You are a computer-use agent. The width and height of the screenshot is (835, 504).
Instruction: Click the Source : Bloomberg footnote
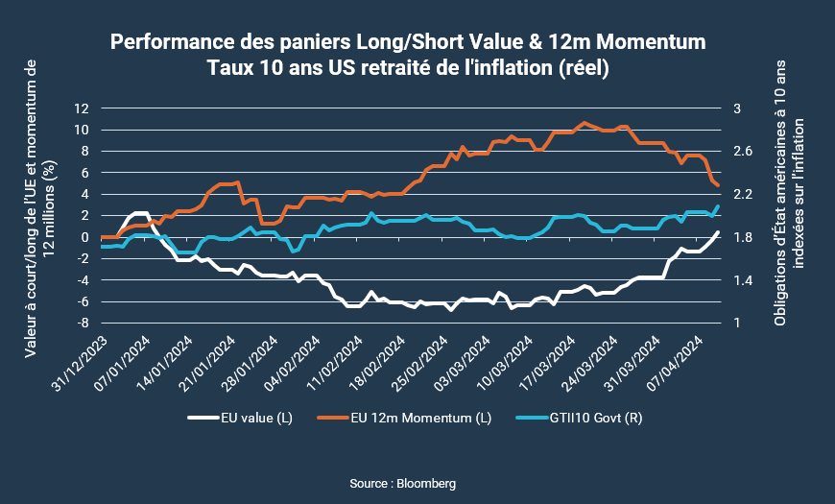pos(417,482)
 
